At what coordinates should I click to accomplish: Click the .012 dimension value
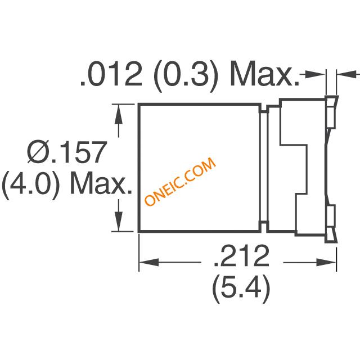click(x=111, y=74)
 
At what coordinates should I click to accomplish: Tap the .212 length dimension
click(x=241, y=256)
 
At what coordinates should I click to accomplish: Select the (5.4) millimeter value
click(x=241, y=289)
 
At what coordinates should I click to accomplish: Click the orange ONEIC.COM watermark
click(x=180, y=181)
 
